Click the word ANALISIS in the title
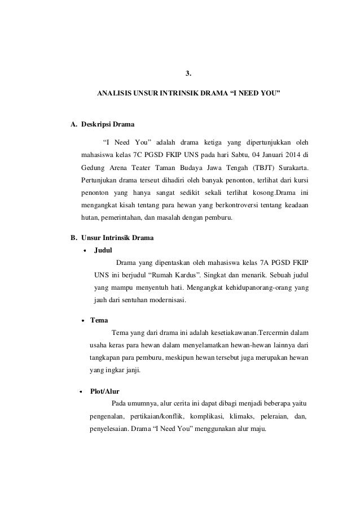113,90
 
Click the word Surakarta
291,168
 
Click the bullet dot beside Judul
85,249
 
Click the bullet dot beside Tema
82,320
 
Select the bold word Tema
99,320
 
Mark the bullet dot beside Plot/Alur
80,391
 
